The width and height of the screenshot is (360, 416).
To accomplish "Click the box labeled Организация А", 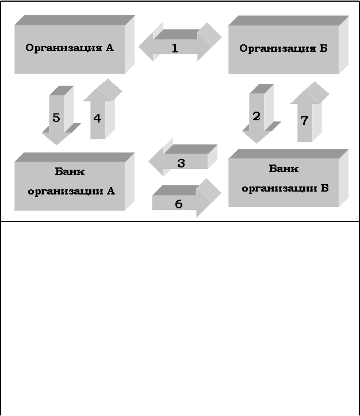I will coord(70,48).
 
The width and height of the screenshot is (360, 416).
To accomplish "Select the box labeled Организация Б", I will coord(284,49).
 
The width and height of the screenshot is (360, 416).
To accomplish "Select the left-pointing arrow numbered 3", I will coord(183,161).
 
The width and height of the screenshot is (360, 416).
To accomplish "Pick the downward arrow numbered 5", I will coord(58,118).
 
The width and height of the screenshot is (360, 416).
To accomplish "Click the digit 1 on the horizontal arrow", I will coord(175,48).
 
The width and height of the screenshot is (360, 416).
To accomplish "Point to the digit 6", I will coord(178,204).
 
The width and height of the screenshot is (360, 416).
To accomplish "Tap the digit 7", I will coord(305,121).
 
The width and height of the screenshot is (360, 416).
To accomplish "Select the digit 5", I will coord(56,118).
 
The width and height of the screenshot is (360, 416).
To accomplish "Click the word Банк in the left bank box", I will coord(70,171).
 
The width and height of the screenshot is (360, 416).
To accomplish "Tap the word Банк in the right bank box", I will coord(284,169).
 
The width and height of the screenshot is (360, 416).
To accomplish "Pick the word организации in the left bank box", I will coord(64,190).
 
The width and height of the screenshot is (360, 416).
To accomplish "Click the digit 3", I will coord(181,163).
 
